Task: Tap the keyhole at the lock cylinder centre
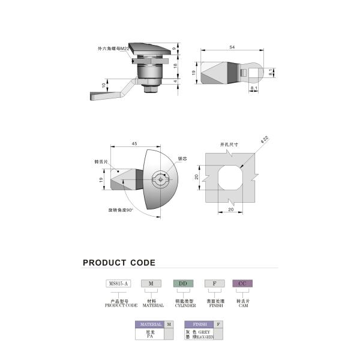[x=160, y=178]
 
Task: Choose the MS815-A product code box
[x=118, y=283]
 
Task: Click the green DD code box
[x=184, y=283]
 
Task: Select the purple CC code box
[x=242, y=283]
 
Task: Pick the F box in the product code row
[x=214, y=283]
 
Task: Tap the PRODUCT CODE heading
[x=119, y=263]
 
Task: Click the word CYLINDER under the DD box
[x=185, y=305]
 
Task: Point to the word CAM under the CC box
[x=242, y=305]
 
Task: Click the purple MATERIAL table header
[x=151, y=325]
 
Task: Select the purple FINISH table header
[x=199, y=325]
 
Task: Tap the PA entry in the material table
[x=151, y=337]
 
